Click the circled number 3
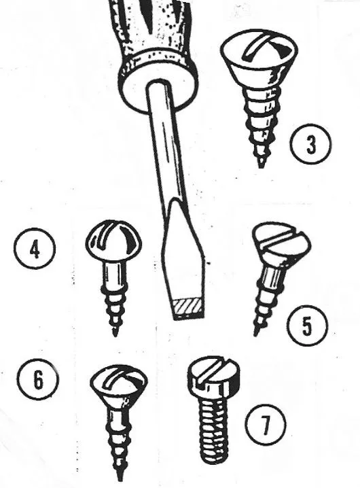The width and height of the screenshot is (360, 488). click(x=310, y=144)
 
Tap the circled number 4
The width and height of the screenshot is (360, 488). click(x=35, y=249)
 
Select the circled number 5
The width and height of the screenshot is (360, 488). click(x=307, y=326)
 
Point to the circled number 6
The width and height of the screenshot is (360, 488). click(x=37, y=379)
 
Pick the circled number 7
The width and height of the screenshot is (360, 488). click(x=265, y=425)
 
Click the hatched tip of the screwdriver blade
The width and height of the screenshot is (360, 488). click(x=188, y=309)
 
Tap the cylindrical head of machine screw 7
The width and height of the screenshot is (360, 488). click(x=214, y=377)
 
